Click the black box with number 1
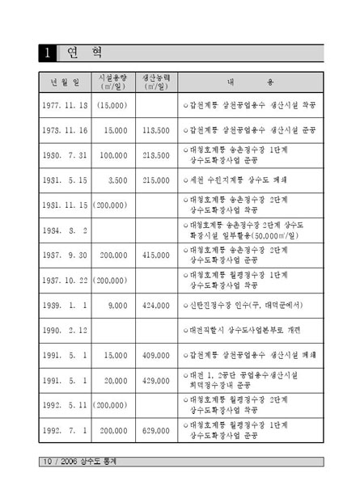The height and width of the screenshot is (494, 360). (49, 54)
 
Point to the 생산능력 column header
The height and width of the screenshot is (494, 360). (155, 82)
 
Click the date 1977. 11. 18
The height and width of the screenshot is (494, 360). (66, 106)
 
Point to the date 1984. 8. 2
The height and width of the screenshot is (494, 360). (64, 230)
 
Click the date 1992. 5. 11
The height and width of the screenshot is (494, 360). (66, 405)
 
